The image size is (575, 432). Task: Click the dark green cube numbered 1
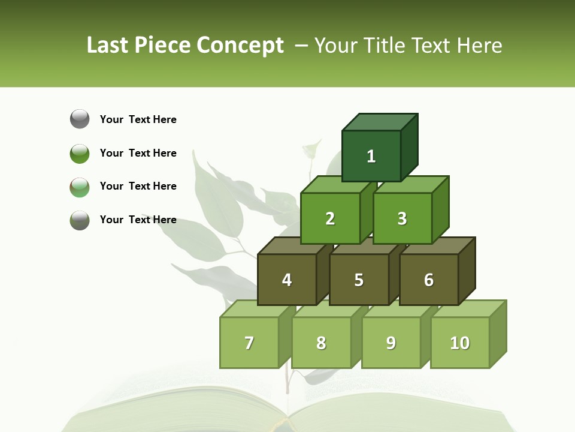pos(371,156)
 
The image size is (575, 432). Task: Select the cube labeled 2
pos(330,218)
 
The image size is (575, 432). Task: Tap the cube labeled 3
pos(402,218)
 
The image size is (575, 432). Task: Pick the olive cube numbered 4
pos(287,280)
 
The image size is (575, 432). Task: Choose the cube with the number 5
pos(359,280)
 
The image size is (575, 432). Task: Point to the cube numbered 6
pos(429,280)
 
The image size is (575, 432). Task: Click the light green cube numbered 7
pos(249,343)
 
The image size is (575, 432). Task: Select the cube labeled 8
pos(321,343)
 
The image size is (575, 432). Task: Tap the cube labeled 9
pos(391,343)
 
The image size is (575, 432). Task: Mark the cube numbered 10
pos(460,343)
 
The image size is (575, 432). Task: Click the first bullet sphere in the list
pos(80,119)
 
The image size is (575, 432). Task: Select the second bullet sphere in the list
pos(80,153)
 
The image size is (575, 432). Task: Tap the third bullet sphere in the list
pos(80,187)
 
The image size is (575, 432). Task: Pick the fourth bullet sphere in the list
pos(80,220)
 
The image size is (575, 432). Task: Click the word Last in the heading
pos(108,45)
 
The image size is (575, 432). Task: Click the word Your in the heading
pos(337,45)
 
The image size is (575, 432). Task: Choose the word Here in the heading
pos(479,45)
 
